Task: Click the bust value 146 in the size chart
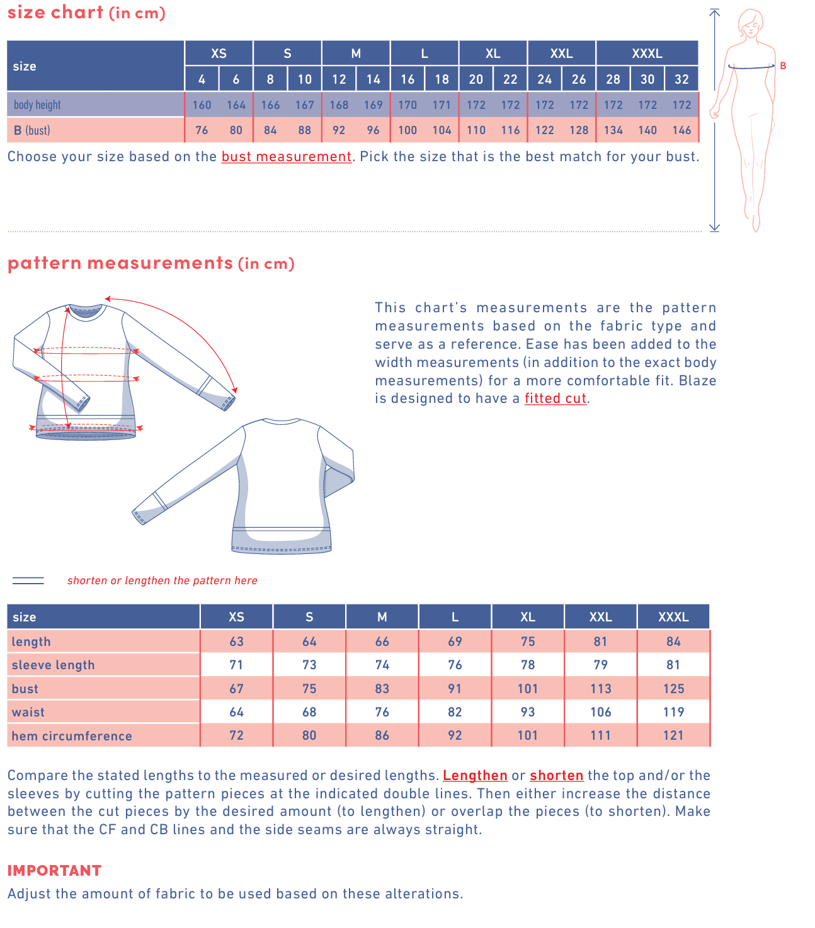[681, 130]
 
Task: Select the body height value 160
[202, 105]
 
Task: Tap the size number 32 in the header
[681, 79]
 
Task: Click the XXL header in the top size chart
[561, 54]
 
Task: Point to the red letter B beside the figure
[783, 65]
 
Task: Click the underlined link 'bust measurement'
[287, 157]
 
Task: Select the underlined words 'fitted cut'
[556, 399]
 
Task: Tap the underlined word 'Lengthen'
[475, 776]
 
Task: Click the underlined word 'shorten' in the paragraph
[556, 776]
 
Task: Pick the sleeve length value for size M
[382, 665]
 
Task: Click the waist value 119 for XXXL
[673, 712]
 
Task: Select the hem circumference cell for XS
[236, 735]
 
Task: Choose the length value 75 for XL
[528, 642]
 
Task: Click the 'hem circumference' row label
[72, 736]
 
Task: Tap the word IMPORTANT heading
[54, 871]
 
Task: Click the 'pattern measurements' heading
[120, 263]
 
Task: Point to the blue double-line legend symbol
[28, 580]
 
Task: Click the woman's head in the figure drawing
[750, 22]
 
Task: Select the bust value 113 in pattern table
[600, 689]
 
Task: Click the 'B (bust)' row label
[32, 130]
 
